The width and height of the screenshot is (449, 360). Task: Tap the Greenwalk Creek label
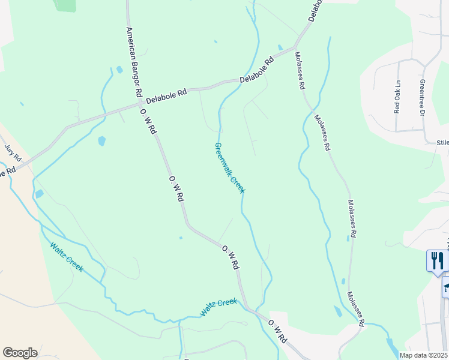click(x=230, y=168)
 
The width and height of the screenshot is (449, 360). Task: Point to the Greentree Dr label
click(x=422, y=98)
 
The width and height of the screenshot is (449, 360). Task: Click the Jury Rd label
click(x=13, y=153)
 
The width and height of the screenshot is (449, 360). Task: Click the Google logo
click(x=20, y=353)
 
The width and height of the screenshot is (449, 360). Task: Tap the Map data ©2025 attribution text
click(x=423, y=355)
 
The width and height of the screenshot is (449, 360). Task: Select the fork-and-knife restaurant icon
click(x=437, y=260)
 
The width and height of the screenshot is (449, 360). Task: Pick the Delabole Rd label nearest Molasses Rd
click(x=257, y=70)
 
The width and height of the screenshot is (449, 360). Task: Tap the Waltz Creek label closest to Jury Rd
click(x=66, y=256)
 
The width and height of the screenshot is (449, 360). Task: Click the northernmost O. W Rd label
click(x=148, y=122)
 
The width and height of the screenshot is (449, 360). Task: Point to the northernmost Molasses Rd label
click(x=298, y=71)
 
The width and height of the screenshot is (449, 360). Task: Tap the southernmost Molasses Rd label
click(x=356, y=309)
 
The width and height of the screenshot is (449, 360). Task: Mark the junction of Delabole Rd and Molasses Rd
click(x=294, y=47)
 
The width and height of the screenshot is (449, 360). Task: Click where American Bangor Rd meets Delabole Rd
click(x=138, y=104)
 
